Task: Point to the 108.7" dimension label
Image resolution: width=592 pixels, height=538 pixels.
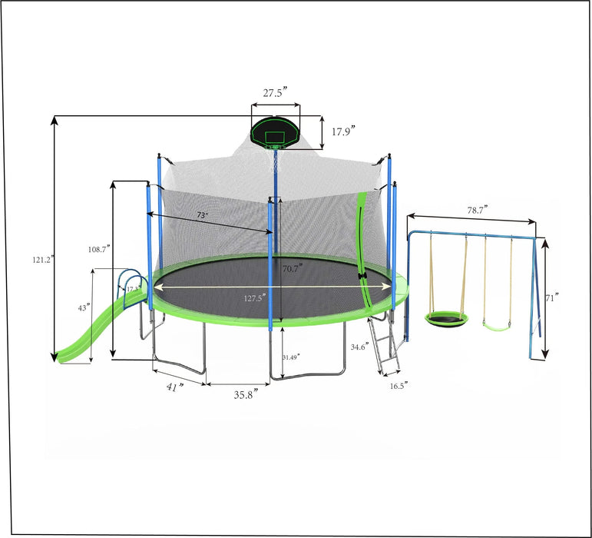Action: (99, 249)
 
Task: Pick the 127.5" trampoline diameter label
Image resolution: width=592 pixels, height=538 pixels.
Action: (255, 297)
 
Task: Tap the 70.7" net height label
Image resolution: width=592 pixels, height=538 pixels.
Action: (292, 268)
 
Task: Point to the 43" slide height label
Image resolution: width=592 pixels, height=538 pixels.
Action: (83, 307)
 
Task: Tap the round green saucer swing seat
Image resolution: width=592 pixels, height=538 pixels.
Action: (442, 317)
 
